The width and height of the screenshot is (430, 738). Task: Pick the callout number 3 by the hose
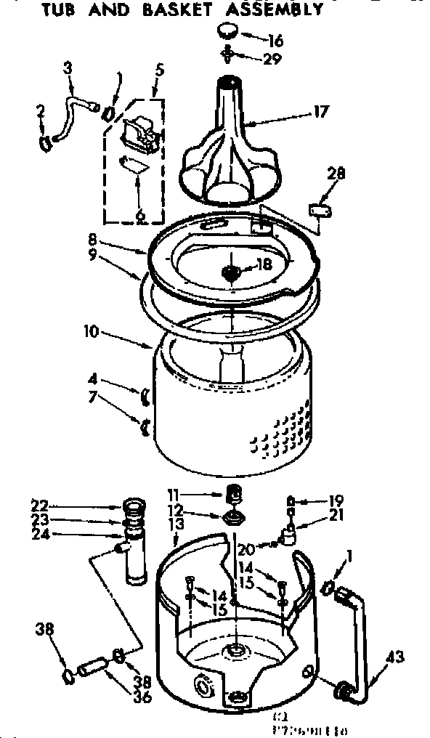68,69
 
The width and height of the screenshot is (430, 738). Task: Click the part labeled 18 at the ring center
231,274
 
